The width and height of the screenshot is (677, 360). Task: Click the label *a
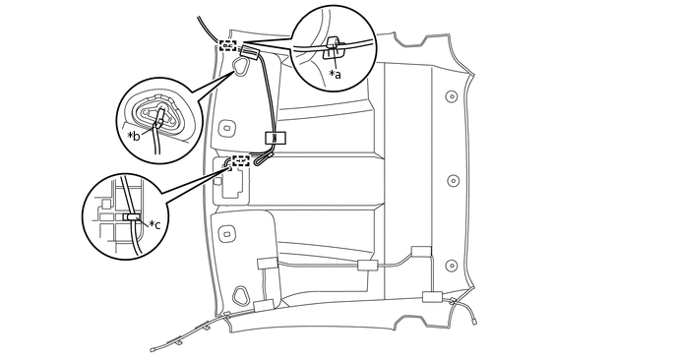pos(335,74)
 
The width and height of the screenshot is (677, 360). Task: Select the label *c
pos(154,224)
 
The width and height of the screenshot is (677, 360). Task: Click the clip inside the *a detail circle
pos(334,47)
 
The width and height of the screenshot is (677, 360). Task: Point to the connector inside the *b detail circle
pos(158,117)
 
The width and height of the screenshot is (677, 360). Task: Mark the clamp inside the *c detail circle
pos(133,216)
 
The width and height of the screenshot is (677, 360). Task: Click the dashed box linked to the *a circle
pos(229,44)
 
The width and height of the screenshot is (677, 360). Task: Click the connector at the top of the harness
pos(250,53)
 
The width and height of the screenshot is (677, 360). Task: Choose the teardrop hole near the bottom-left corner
pos(241,294)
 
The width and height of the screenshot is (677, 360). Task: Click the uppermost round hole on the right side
pos(450,96)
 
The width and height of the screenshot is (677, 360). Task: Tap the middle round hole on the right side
pos(453,181)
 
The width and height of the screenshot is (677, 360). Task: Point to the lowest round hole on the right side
pos(451,265)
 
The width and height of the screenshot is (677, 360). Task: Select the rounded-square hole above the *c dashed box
pos(228,128)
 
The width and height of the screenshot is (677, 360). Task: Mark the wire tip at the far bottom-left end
pos(153,348)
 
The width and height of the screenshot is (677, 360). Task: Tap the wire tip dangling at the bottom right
pos(476,317)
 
